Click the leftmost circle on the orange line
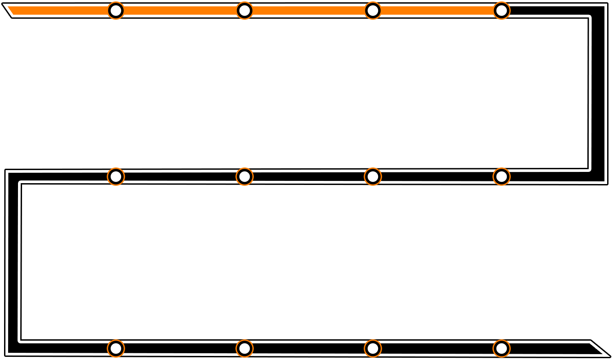click(x=116, y=10)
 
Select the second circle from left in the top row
click(x=244, y=10)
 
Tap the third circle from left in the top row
click(x=373, y=10)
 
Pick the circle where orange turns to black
click(x=501, y=10)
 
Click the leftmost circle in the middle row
click(x=116, y=176)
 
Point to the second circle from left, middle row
click(x=244, y=176)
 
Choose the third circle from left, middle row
click(x=373, y=176)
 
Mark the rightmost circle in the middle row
click(x=501, y=176)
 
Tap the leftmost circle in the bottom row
click(x=116, y=348)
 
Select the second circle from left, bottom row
click(x=244, y=348)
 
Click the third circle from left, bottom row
click(x=373, y=348)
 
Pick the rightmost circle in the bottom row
click(x=501, y=348)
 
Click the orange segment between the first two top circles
click(x=180, y=10)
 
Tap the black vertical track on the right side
click(x=597, y=90)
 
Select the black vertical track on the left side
click(x=13, y=261)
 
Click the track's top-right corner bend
click(x=597, y=12)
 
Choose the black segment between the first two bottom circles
click(x=180, y=348)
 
